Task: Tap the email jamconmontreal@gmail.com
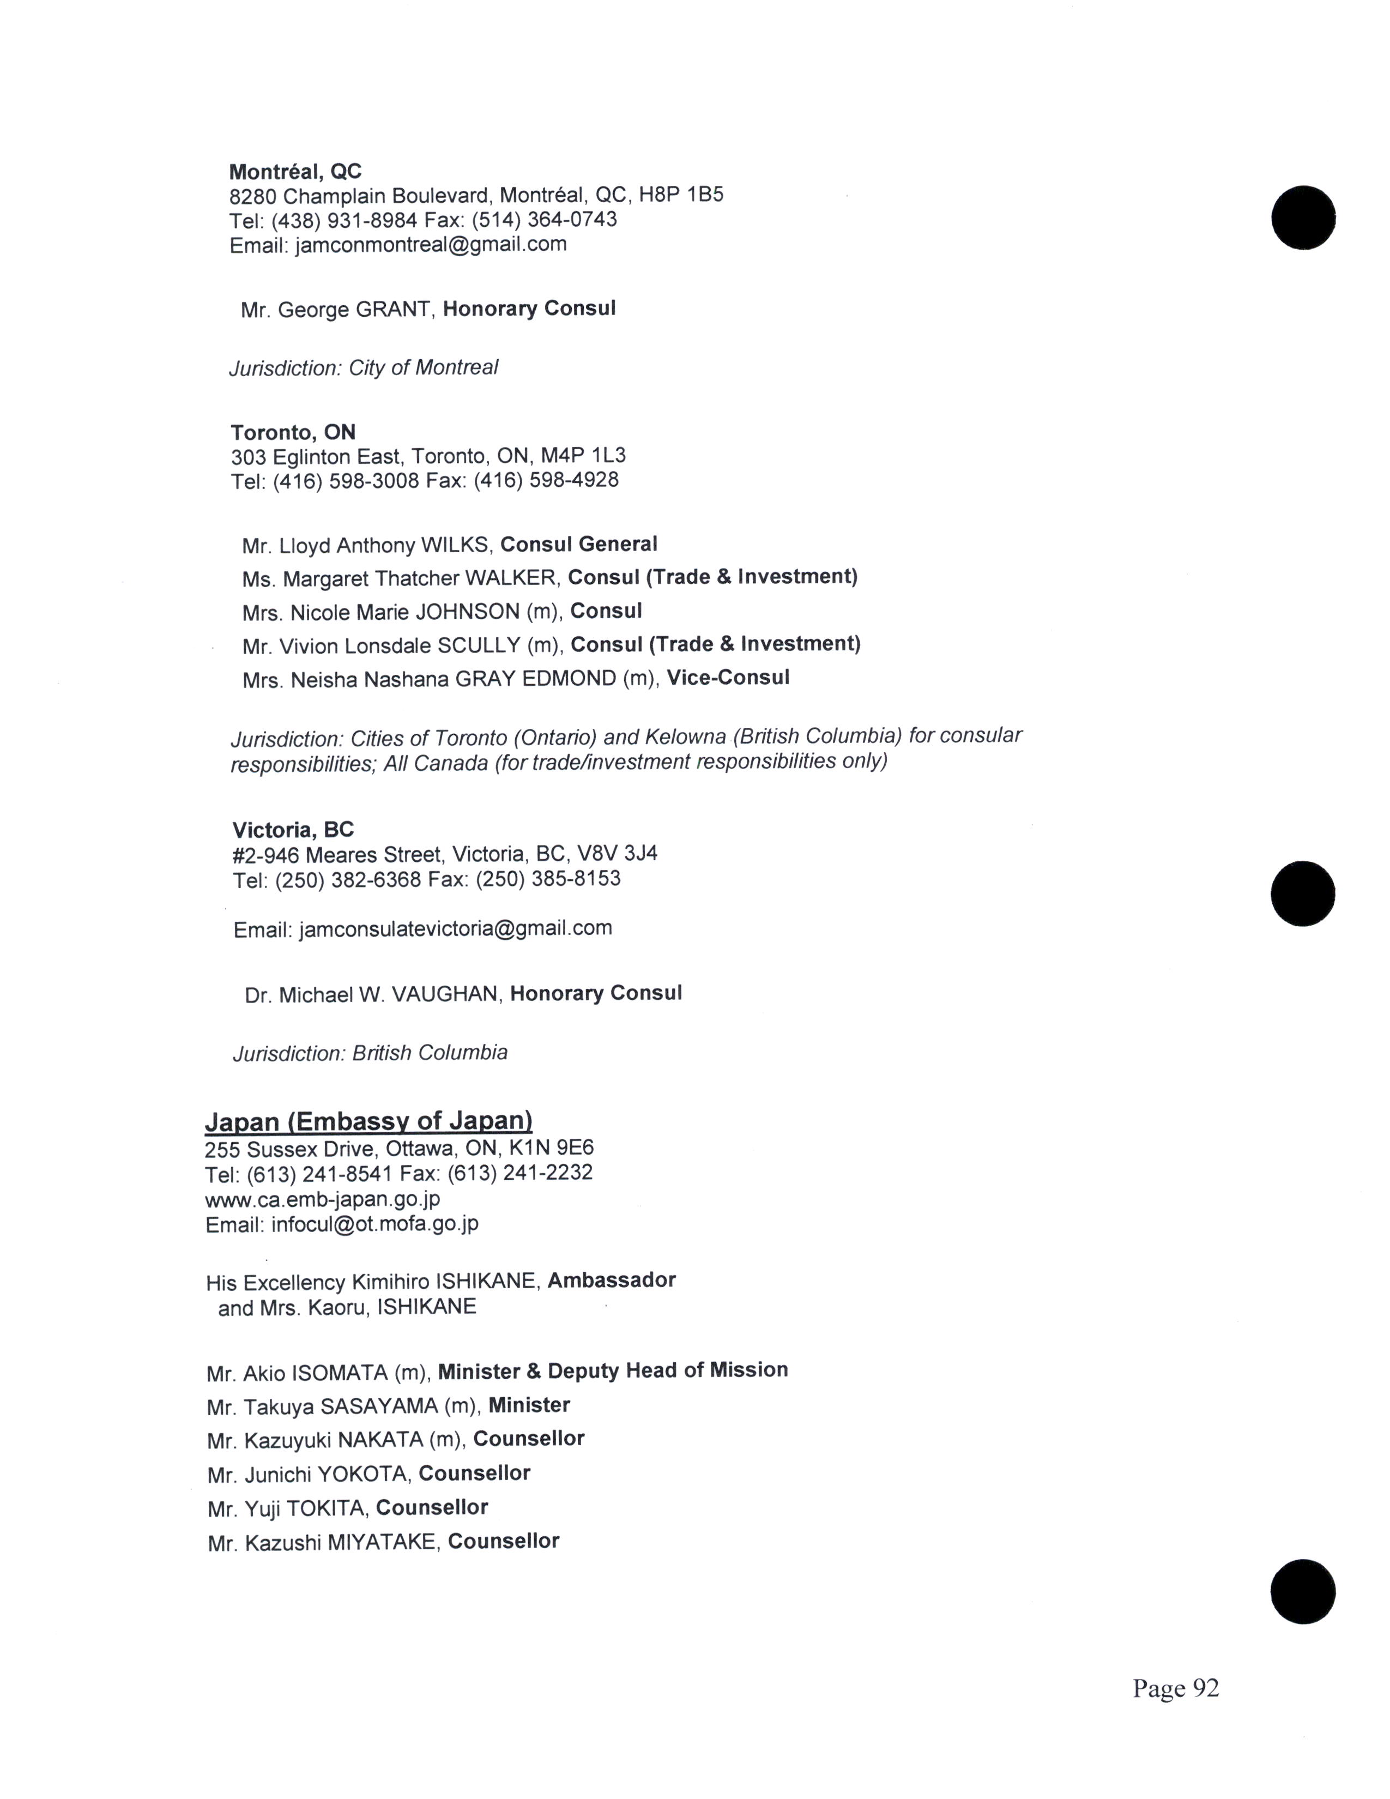tap(430, 245)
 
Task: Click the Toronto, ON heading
tap(293, 432)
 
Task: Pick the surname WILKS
tap(456, 545)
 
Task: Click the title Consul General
tap(579, 545)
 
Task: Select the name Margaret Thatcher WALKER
tap(419, 578)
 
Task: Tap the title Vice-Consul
tap(728, 678)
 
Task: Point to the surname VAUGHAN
tap(445, 994)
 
